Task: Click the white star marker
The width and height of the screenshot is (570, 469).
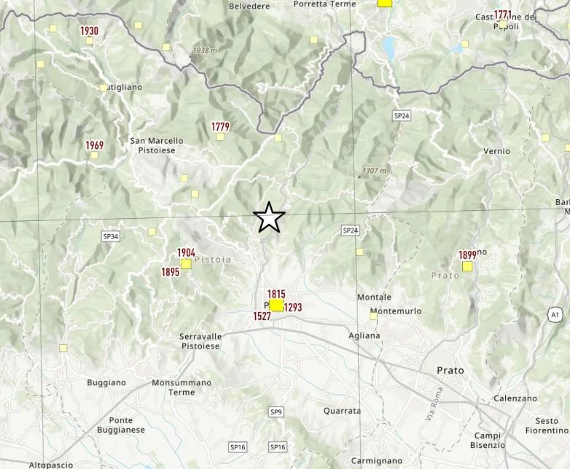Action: coord(269,217)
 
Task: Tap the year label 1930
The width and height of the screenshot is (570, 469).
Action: coord(89,31)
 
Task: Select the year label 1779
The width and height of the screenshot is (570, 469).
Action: coord(220,127)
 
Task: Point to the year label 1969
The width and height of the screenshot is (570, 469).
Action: coord(94,145)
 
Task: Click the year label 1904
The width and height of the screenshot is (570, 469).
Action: coord(186,253)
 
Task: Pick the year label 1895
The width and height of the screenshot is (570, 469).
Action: coord(170,272)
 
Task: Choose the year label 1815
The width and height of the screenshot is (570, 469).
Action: coord(276,294)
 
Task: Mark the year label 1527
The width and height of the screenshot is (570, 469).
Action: coord(262,316)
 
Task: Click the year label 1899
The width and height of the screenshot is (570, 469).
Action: coord(467,255)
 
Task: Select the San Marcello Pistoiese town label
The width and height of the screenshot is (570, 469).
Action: coord(156,144)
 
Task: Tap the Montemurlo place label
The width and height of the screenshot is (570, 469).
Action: coord(395,311)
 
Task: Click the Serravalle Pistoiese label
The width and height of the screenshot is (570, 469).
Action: coord(199,341)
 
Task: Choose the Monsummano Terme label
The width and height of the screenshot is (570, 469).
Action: coord(181,387)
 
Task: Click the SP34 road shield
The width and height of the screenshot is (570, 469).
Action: coord(110,236)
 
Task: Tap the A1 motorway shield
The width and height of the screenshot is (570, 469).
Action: coord(554,314)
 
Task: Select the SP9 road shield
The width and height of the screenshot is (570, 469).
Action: coord(276,412)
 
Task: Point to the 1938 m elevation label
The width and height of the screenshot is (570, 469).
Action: coord(204,51)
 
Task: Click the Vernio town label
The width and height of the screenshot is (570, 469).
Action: coord(496,151)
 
